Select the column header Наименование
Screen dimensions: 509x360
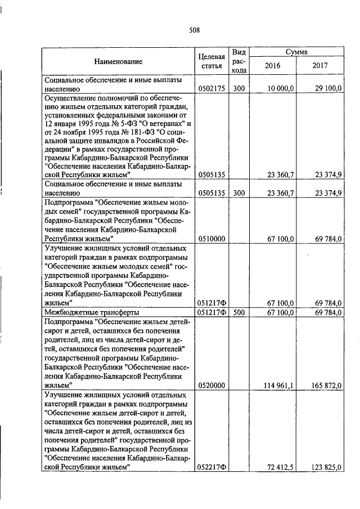coord(118,61)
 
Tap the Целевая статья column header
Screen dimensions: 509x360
coord(211,61)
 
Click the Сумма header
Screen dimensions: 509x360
coord(296,52)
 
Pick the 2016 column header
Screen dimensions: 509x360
coord(272,66)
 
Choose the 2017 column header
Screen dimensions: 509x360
coord(319,66)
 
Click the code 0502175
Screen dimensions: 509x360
coord(211,88)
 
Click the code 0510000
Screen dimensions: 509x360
coord(211,238)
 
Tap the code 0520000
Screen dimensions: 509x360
coord(211,385)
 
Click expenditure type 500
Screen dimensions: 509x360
coord(238,312)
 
